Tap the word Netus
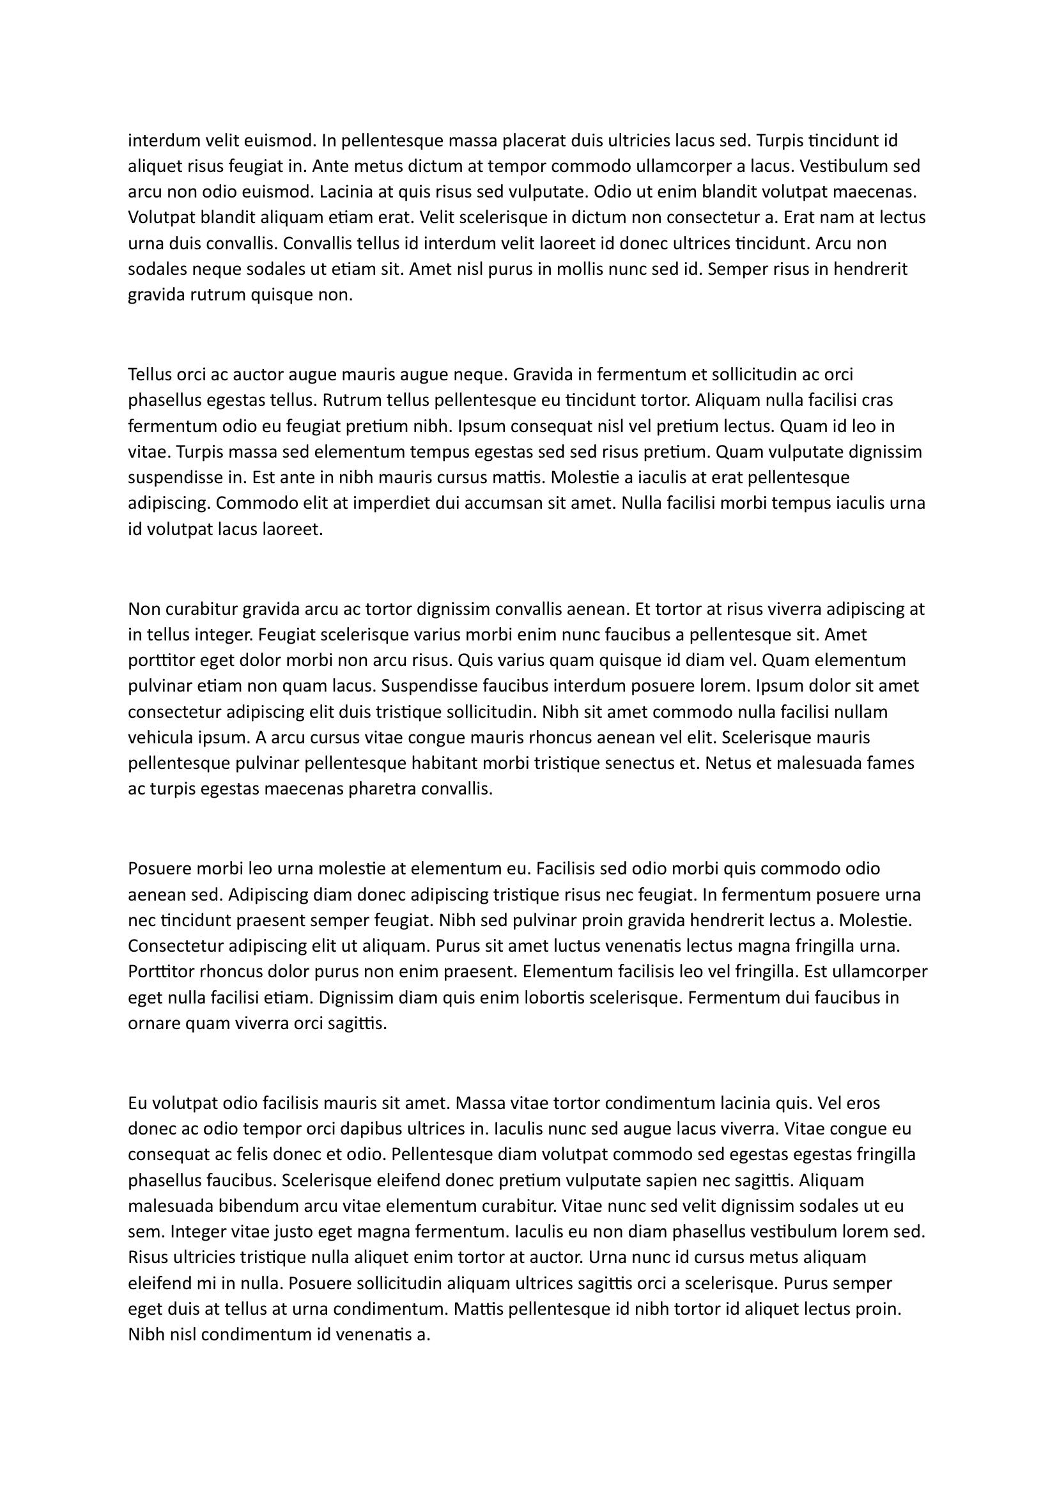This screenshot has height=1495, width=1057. click(727, 763)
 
